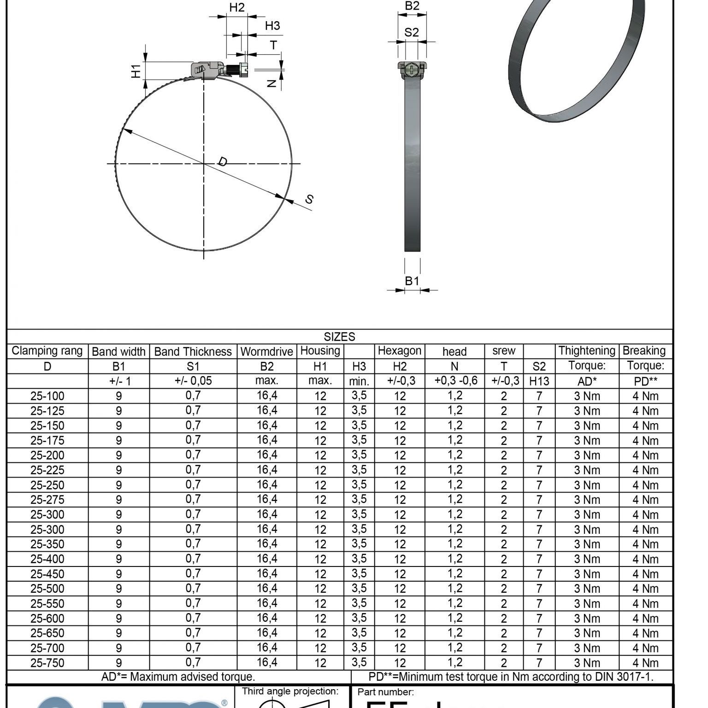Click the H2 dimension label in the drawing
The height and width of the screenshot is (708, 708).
[236, 8]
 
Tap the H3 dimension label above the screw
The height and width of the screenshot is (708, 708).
[272, 26]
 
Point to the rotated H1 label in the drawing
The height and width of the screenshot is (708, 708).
[136, 71]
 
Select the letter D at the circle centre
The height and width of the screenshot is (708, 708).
[222, 161]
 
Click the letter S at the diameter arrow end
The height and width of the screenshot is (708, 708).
[309, 199]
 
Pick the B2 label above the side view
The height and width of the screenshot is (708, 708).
[412, 6]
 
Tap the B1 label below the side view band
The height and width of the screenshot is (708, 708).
[412, 281]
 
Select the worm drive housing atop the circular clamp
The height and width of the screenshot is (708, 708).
[207, 70]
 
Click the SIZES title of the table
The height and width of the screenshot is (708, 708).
[339, 336]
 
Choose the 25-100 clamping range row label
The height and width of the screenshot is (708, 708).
[47, 396]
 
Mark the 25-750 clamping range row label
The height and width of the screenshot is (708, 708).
[47, 663]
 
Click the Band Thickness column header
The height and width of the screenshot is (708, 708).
[193, 352]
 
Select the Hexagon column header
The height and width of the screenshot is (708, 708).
[399, 351]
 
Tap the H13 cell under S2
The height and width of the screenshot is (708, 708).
[539, 381]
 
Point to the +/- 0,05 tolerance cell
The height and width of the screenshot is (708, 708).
[193, 381]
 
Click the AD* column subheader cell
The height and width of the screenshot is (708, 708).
[587, 381]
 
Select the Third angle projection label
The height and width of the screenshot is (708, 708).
[290, 691]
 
